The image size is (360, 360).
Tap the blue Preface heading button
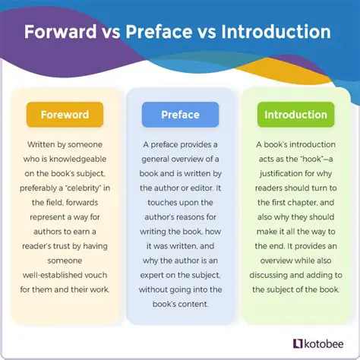point(180,115)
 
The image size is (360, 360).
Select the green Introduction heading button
point(295,115)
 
